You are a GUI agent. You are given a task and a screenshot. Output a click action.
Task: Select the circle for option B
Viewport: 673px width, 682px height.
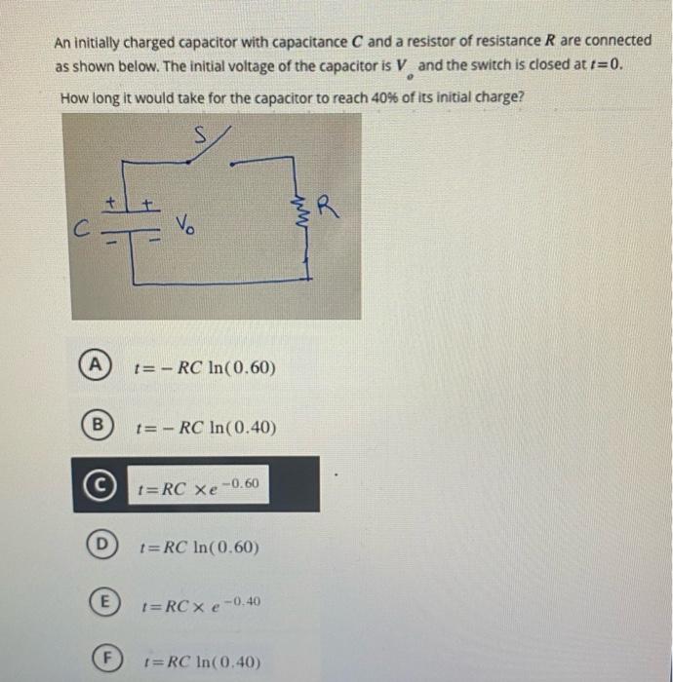pos(95,425)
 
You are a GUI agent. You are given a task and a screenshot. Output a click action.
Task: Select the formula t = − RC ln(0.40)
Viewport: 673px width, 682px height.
pos(206,428)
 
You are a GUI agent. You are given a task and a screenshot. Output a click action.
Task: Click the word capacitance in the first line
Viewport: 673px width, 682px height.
pos(256,41)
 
